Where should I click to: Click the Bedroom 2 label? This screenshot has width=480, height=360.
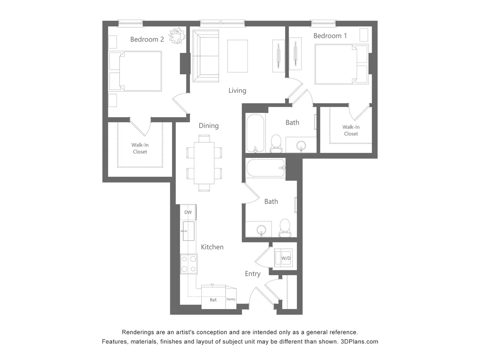pos(147,39)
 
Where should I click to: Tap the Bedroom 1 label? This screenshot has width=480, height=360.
pos(330,36)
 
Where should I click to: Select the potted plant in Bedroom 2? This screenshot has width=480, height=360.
pos(177,36)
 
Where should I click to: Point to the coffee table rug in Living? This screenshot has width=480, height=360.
pos(238,56)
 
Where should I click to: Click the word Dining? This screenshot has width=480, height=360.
pos(208,126)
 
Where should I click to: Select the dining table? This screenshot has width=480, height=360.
pos(204,163)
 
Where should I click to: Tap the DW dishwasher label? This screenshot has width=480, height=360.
pos(188,212)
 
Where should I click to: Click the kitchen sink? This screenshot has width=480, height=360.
pos(188,231)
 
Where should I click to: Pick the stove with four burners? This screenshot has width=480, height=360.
pos(188,264)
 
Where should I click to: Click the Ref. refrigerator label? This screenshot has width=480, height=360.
pos(214,300)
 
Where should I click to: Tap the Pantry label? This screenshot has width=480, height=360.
pos(231,299)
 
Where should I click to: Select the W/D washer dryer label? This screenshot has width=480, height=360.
pos(286,258)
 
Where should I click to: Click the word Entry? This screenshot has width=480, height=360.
pos(252,274)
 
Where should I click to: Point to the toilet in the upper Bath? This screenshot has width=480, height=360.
pos(276,143)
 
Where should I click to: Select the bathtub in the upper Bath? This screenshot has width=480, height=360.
pos(255,134)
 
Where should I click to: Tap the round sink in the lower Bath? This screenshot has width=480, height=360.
pos(261,230)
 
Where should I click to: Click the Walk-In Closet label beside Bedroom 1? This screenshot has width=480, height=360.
pos(351,130)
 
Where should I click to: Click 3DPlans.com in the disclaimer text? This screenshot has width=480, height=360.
pos(359,342)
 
